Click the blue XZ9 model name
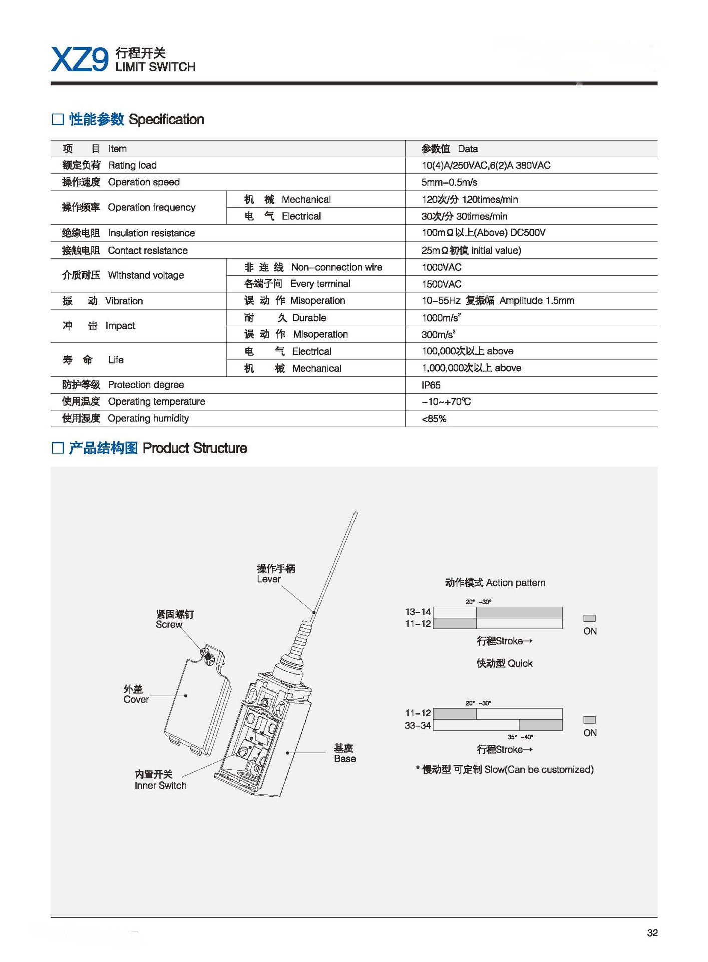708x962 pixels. pyautogui.click(x=79, y=60)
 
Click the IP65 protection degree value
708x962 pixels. pyautogui.click(x=431, y=385)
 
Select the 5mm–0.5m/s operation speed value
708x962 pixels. pyautogui.click(x=449, y=182)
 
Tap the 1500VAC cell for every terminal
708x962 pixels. pyautogui.click(x=441, y=284)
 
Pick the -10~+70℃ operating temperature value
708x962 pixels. pyautogui.click(x=446, y=402)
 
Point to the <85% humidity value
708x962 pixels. pyautogui.click(x=434, y=419)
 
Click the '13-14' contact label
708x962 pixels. pyautogui.click(x=418, y=612)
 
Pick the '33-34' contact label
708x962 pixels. pyautogui.click(x=418, y=725)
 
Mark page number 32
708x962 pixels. pyautogui.click(x=652, y=932)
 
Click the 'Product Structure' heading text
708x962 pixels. pyautogui.click(x=195, y=448)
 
